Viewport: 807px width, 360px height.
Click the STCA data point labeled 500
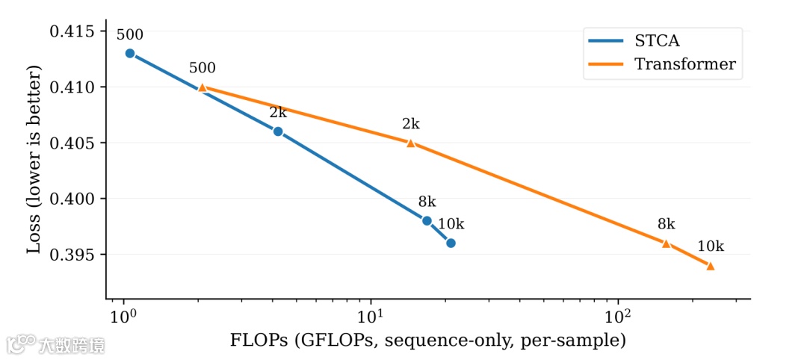click(x=130, y=54)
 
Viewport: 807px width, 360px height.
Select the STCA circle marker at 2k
click(x=278, y=131)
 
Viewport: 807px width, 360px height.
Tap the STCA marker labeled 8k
click(x=427, y=221)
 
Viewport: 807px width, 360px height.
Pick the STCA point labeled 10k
click(x=451, y=243)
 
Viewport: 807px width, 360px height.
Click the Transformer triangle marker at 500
click(x=202, y=87)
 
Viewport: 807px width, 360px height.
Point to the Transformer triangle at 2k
click(x=410, y=143)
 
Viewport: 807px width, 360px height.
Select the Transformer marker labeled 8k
click(x=666, y=243)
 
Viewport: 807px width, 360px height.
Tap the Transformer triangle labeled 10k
click(x=710, y=266)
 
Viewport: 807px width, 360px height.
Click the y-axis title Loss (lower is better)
click(x=34, y=159)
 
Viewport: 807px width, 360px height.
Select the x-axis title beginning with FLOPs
click(x=427, y=341)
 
